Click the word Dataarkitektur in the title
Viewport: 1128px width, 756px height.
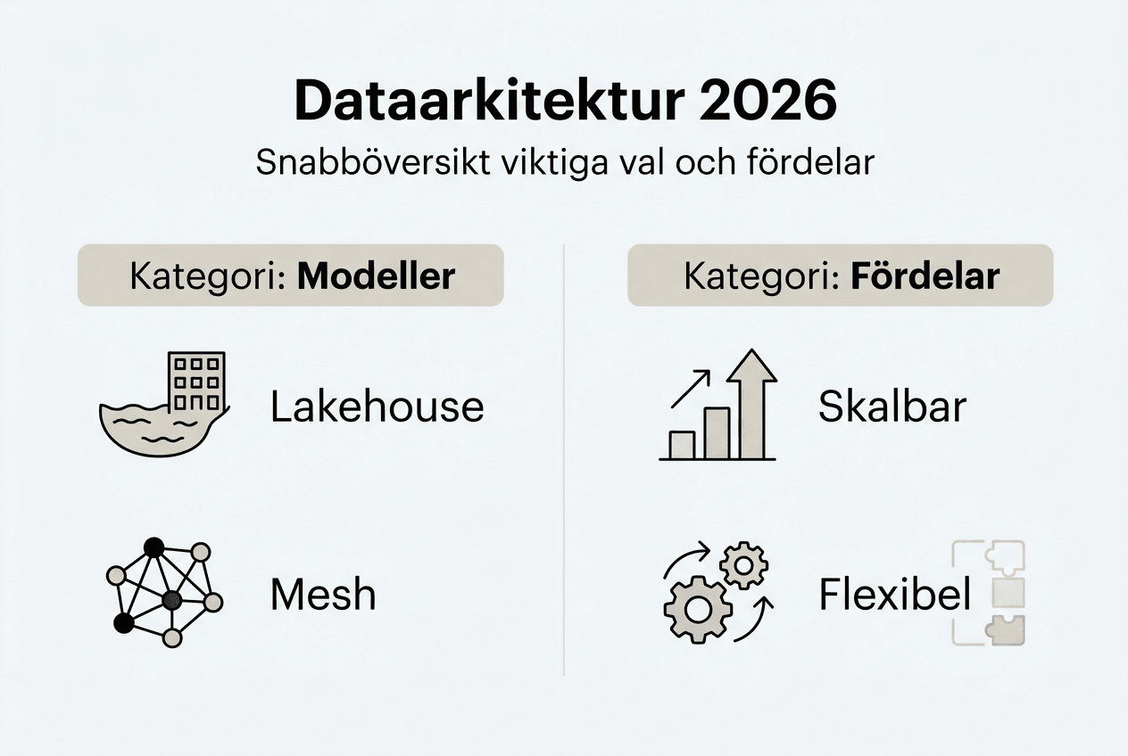489,101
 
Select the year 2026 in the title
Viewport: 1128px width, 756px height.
768,101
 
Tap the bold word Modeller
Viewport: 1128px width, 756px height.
377,276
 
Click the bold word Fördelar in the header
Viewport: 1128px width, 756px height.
925,275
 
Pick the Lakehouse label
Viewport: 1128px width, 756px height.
377,407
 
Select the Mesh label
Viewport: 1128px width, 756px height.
323,595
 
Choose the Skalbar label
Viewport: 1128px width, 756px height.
892,407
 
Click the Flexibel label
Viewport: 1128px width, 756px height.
895,594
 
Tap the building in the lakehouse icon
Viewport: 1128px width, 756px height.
196,382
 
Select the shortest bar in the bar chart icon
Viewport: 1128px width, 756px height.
683,445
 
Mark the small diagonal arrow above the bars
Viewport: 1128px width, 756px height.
691,389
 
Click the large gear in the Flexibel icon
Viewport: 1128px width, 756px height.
698,610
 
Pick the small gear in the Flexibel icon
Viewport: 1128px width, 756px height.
743,565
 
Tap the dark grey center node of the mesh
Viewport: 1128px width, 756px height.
172,600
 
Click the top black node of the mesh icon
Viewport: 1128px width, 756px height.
154,547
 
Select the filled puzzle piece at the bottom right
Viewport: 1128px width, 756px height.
1005,630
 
